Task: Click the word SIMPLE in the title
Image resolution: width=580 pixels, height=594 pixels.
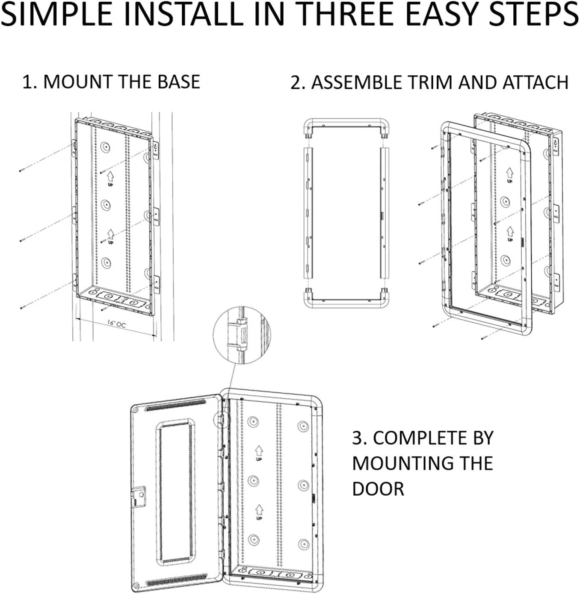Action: click(x=58, y=15)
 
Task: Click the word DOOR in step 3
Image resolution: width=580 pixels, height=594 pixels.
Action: click(x=378, y=489)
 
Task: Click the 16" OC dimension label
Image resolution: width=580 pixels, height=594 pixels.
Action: click(x=116, y=324)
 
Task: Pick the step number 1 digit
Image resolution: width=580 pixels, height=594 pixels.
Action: click(x=27, y=82)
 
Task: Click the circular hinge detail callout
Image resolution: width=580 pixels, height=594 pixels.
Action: click(x=241, y=335)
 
